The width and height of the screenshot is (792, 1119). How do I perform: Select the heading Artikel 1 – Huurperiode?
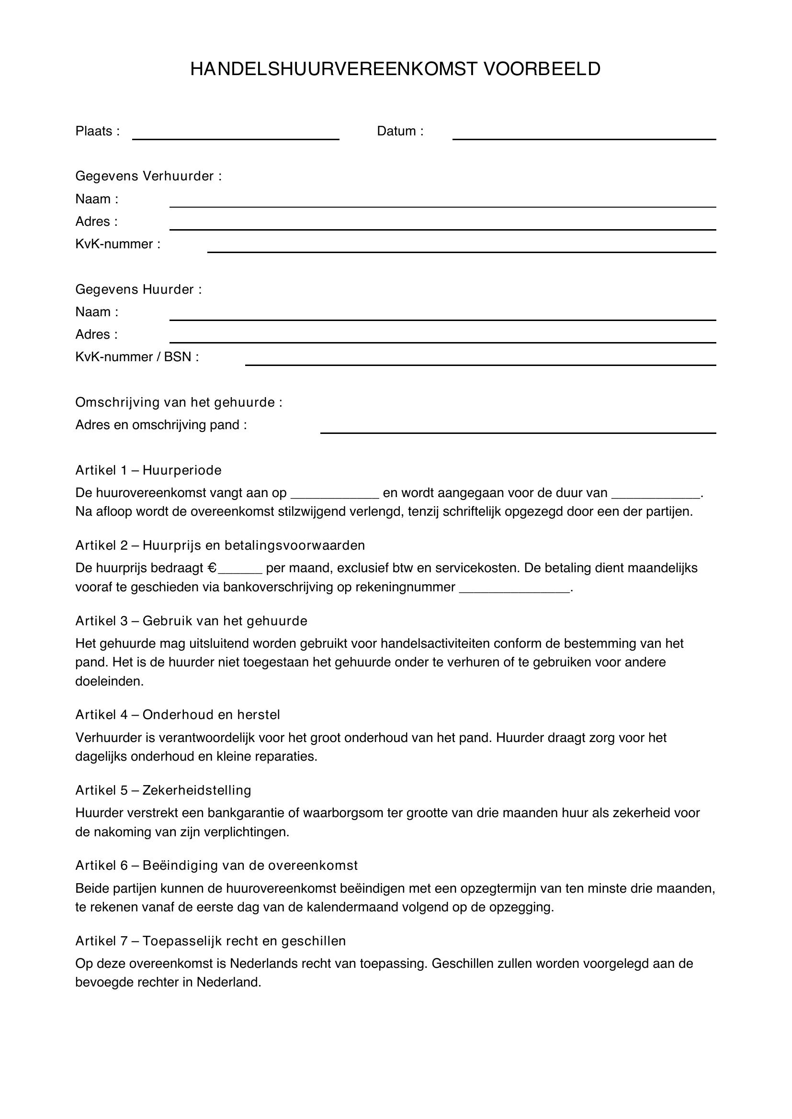(x=148, y=470)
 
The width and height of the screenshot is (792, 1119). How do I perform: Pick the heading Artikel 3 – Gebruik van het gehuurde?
(x=191, y=621)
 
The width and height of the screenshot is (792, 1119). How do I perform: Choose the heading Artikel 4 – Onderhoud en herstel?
(x=178, y=715)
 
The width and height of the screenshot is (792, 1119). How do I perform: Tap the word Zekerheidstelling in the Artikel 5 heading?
(x=196, y=790)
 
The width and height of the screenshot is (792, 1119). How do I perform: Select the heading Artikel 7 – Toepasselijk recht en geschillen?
(x=210, y=941)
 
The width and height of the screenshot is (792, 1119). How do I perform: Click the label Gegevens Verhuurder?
(x=148, y=176)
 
